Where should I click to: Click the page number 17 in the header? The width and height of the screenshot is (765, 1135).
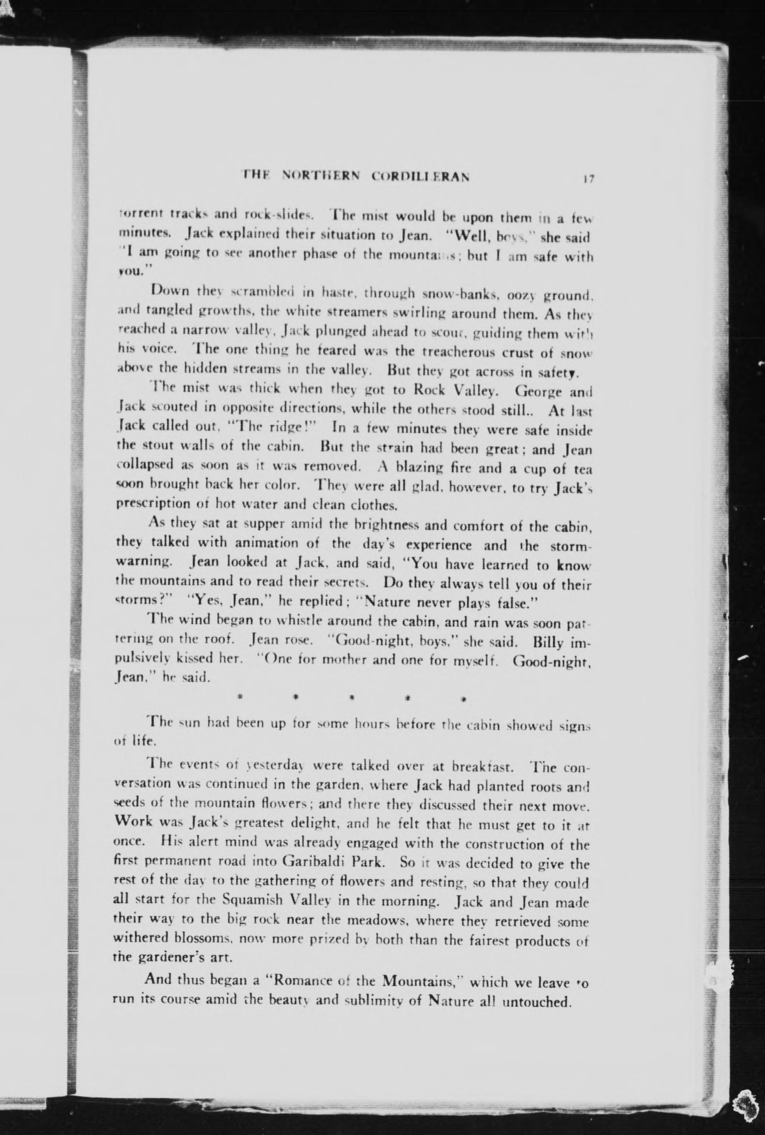(587, 179)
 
